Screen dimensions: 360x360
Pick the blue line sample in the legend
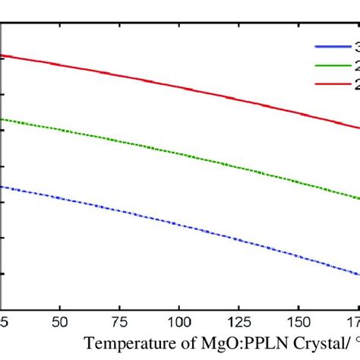click(x=330, y=46)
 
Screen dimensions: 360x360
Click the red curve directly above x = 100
click(x=179, y=87)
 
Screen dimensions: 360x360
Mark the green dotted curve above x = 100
click(x=179, y=154)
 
